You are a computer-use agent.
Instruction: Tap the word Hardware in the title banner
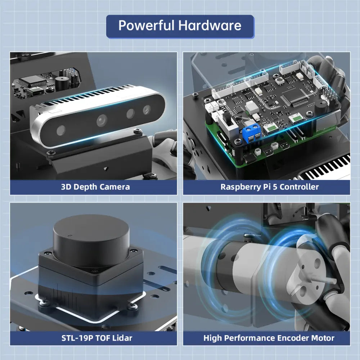[x=210, y=26]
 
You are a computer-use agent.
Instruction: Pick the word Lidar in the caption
[x=121, y=338]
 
